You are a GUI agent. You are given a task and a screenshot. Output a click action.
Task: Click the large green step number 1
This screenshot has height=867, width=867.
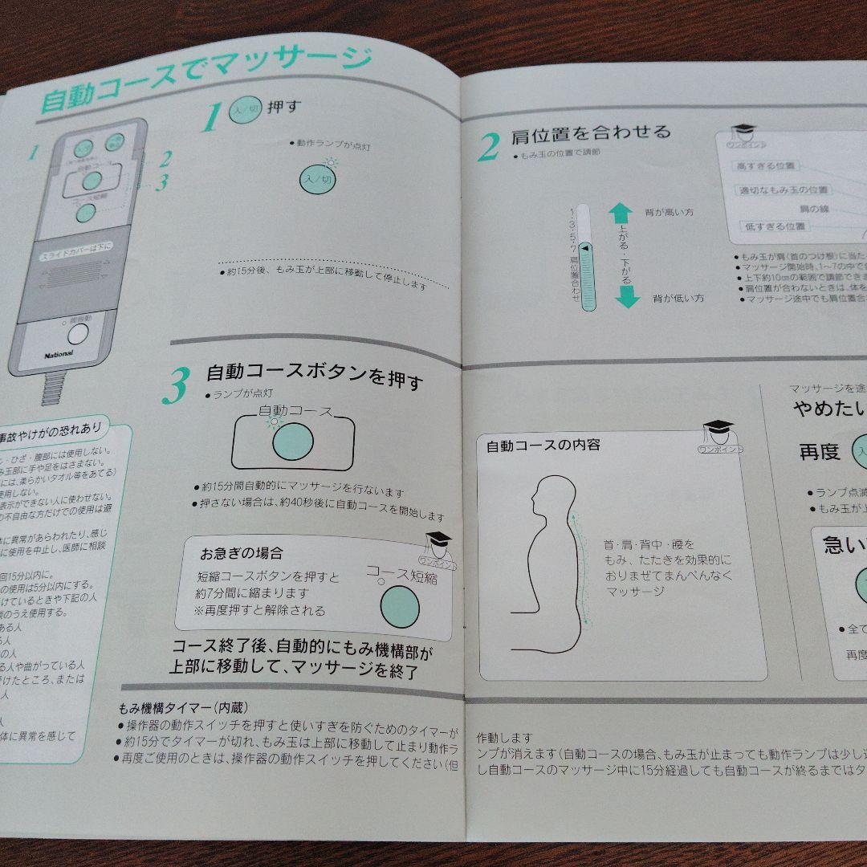[x=210, y=118]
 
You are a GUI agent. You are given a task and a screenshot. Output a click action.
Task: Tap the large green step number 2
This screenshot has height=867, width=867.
[x=489, y=146]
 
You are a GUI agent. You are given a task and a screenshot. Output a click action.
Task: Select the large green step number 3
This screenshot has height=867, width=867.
[x=176, y=386]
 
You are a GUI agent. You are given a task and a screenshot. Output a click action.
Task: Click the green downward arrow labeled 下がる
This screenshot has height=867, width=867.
[x=626, y=296]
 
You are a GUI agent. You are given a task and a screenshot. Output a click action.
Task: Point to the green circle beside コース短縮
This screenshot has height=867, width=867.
[x=399, y=605]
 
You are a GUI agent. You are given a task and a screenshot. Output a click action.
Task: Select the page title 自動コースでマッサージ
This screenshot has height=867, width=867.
[x=205, y=80]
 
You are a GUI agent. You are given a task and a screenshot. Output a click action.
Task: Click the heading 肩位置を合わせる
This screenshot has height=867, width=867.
[x=590, y=132]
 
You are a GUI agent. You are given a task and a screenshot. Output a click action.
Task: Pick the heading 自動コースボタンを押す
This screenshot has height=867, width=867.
[x=314, y=376]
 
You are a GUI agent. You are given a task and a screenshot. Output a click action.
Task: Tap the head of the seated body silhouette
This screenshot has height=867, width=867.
[x=553, y=501]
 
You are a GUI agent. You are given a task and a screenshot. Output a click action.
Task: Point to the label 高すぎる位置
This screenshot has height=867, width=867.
[x=767, y=166]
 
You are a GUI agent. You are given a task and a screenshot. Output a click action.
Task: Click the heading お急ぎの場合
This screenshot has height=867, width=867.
[x=241, y=553]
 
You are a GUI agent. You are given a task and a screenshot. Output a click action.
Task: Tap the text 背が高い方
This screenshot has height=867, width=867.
[x=669, y=213]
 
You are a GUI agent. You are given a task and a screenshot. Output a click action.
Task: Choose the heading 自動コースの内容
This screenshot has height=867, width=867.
[x=543, y=445]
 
